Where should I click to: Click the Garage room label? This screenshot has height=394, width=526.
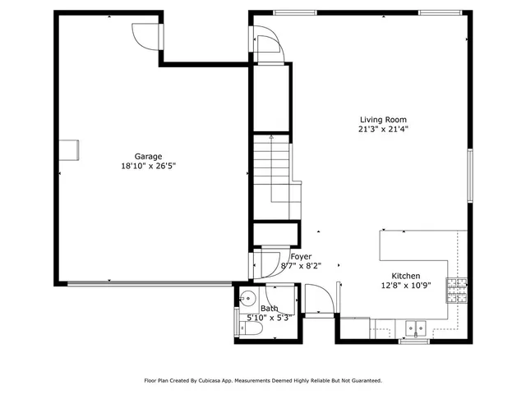(148, 156)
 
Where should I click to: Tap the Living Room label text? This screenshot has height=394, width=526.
(383, 120)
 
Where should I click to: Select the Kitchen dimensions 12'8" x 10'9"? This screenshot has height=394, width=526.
(406, 286)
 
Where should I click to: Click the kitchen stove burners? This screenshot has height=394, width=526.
(456, 288)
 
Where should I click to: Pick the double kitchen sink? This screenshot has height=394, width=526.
(417, 328)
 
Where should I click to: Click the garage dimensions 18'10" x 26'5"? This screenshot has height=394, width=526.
(148, 165)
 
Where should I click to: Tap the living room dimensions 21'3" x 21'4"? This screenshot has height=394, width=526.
(383, 129)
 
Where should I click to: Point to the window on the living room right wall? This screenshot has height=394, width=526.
(469, 174)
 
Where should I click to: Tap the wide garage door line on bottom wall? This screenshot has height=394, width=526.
(148, 284)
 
